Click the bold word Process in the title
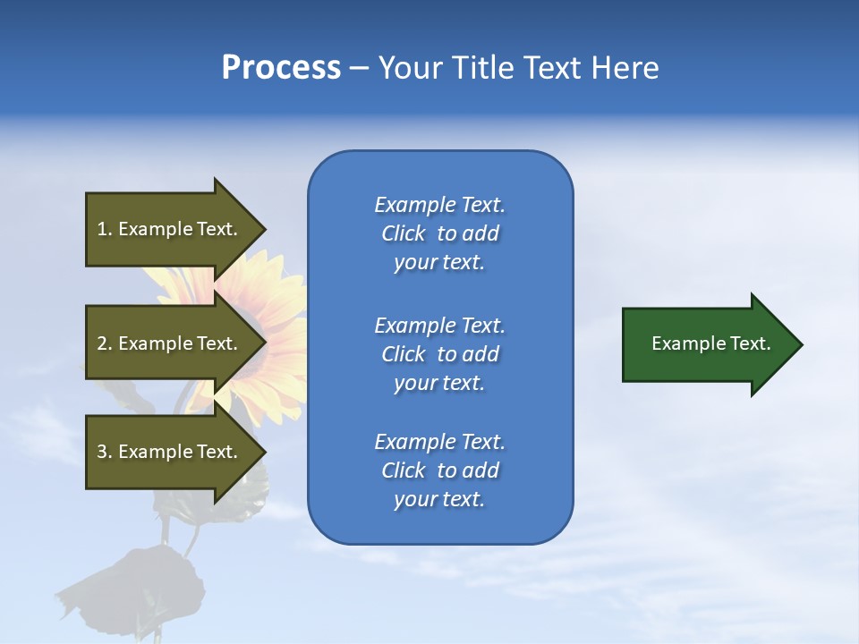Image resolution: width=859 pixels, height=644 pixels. coord(281,68)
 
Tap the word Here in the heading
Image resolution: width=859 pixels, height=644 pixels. coord(624,68)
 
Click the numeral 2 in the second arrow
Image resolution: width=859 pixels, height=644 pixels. coord(102,343)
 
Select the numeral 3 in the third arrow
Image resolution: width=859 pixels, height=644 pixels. coord(102,452)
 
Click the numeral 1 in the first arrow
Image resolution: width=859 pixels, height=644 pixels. coord(102,229)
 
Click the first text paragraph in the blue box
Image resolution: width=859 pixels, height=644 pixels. coord(439,233)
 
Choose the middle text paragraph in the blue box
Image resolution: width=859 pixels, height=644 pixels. coord(439,354)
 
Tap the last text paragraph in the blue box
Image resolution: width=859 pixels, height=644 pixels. coord(439,470)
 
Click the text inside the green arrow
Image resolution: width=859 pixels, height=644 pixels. coord(710,343)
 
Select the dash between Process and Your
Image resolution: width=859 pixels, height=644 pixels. coord(359,69)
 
